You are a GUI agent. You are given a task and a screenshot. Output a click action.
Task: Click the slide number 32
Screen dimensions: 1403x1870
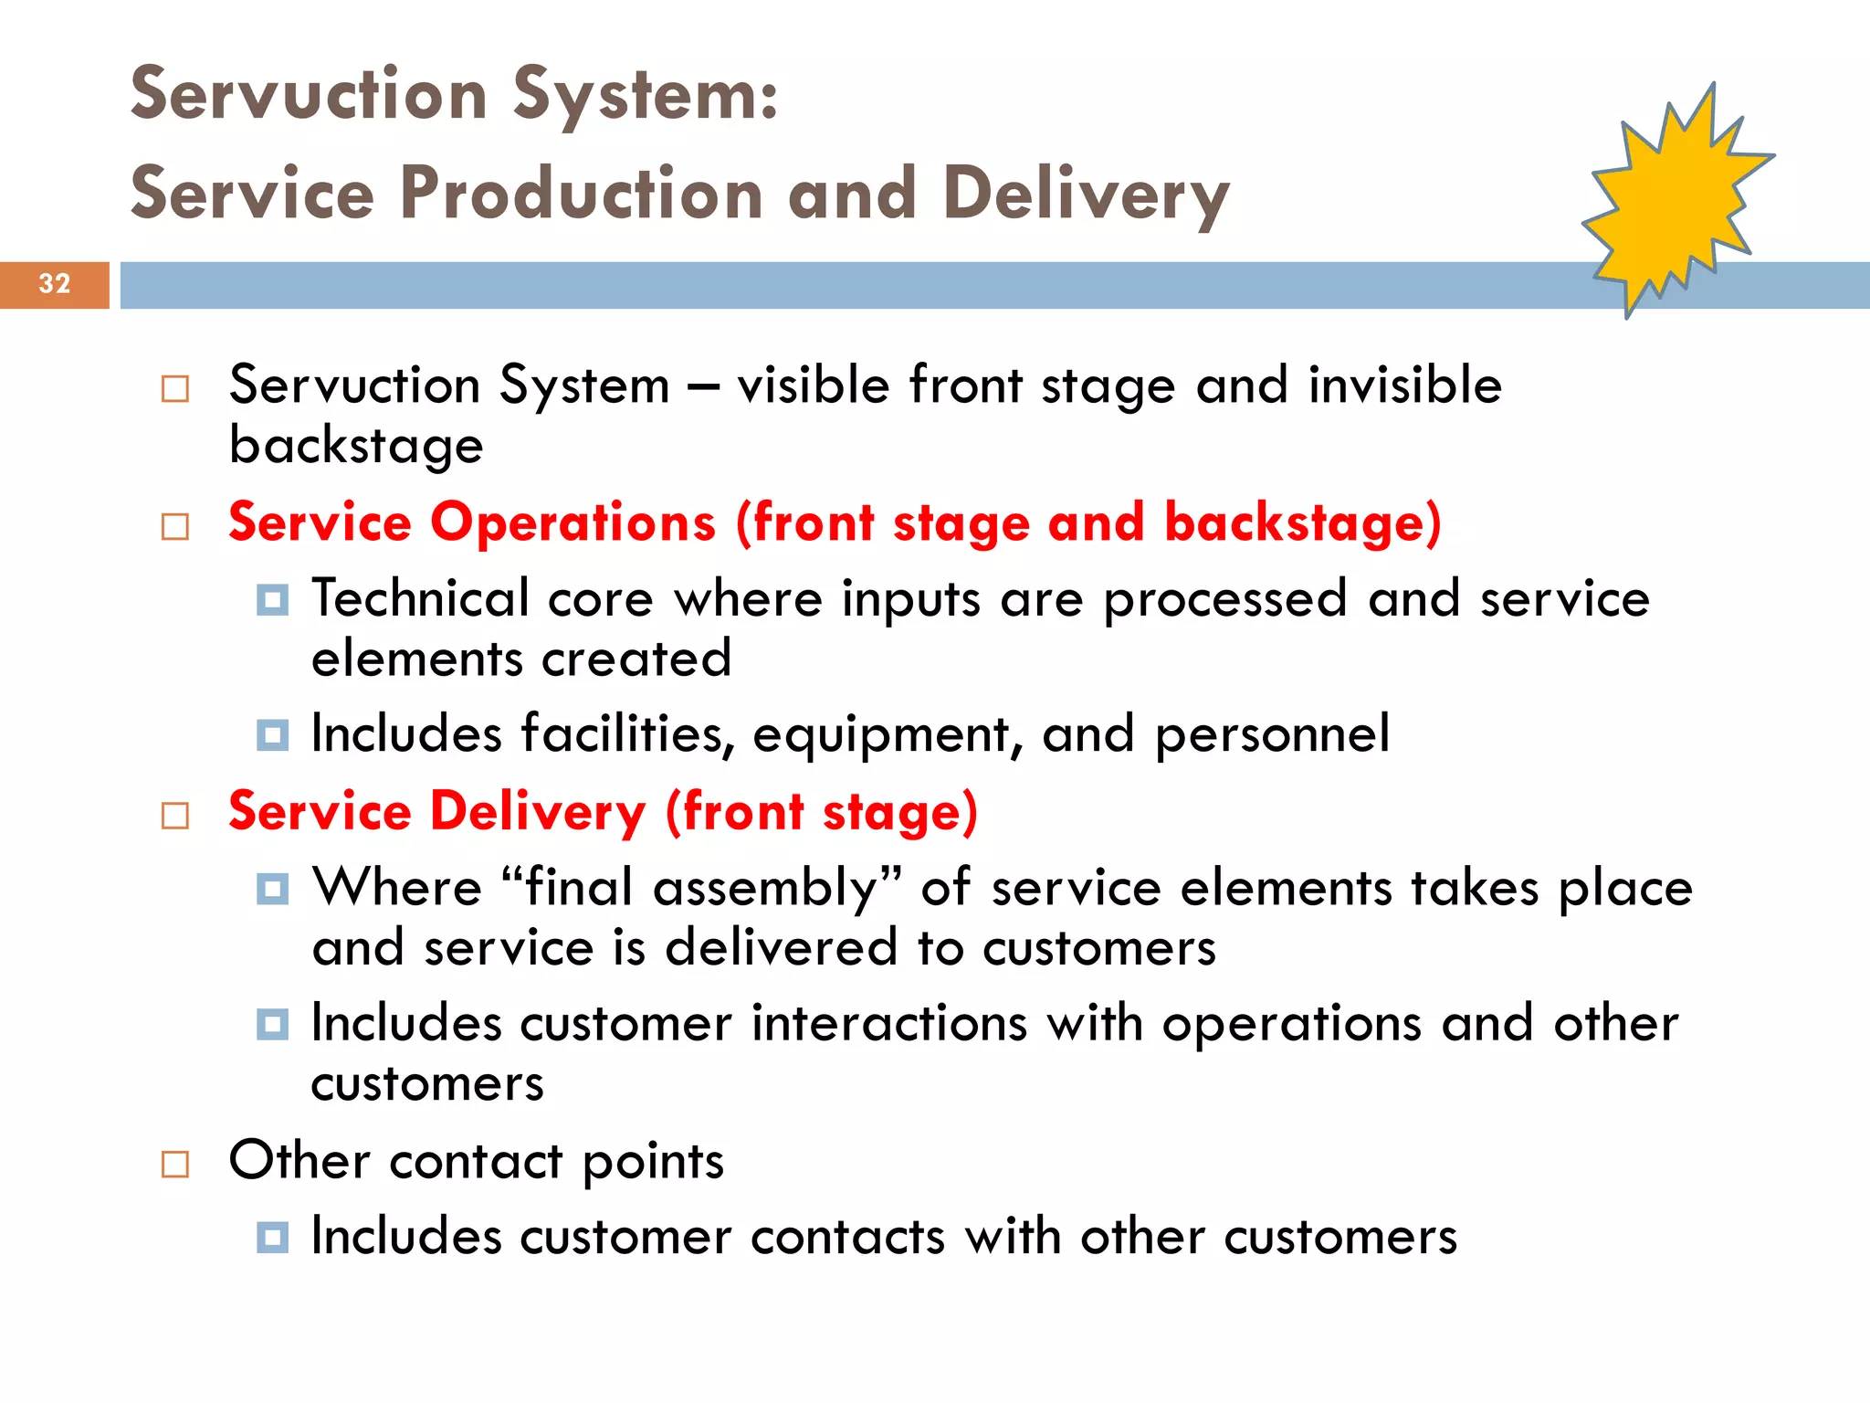(x=55, y=284)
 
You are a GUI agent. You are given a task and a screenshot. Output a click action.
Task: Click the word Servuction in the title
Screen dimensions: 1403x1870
(x=309, y=95)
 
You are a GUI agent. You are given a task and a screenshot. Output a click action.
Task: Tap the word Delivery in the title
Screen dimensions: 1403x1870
(x=1086, y=195)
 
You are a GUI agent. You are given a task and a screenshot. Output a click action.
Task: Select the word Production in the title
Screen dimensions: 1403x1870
(x=582, y=194)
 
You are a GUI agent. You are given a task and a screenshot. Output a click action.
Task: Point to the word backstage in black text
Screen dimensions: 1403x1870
(x=356, y=446)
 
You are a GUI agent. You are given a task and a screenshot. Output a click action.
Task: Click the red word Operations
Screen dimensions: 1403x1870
(x=573, y=523)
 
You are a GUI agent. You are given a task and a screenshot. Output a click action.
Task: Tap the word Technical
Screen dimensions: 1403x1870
(x=420, y=599)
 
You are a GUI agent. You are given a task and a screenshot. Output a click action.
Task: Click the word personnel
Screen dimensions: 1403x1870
(x=1272, y=734)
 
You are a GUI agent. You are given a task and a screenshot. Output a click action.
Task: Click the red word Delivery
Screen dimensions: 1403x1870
(x=538, y=812)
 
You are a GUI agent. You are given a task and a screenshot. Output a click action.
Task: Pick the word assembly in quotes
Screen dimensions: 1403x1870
(x=765, y=888)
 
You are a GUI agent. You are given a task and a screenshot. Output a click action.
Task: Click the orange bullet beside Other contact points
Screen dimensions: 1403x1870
(x=174, y=1164)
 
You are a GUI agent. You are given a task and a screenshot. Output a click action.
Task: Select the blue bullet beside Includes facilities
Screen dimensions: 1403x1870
(x=272, y=735)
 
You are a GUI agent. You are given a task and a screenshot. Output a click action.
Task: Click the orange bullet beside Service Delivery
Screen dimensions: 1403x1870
(x=174, y=815)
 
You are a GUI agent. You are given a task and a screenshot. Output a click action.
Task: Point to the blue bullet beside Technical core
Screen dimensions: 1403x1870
(x=272, y=600)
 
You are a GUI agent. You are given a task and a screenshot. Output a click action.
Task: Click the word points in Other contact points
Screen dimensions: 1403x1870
(x=653, y=1162)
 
